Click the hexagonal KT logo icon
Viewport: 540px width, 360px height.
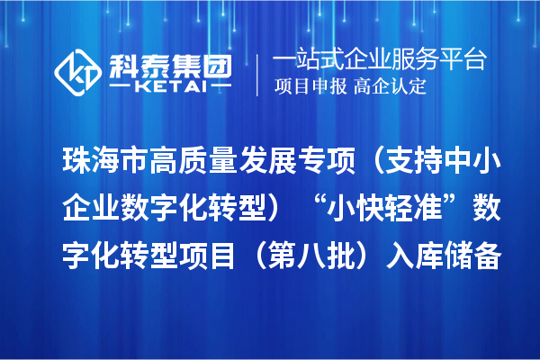click(x=79, y=69)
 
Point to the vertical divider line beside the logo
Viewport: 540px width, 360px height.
click(x=259, y=72)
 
